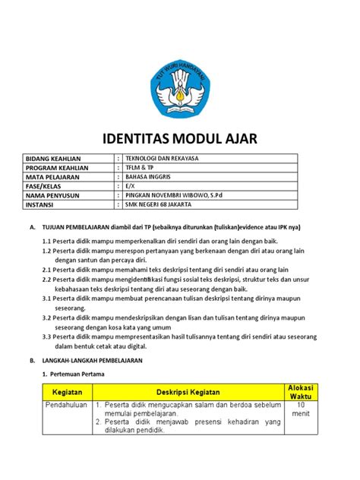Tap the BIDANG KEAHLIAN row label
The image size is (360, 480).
tap(53, 159)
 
